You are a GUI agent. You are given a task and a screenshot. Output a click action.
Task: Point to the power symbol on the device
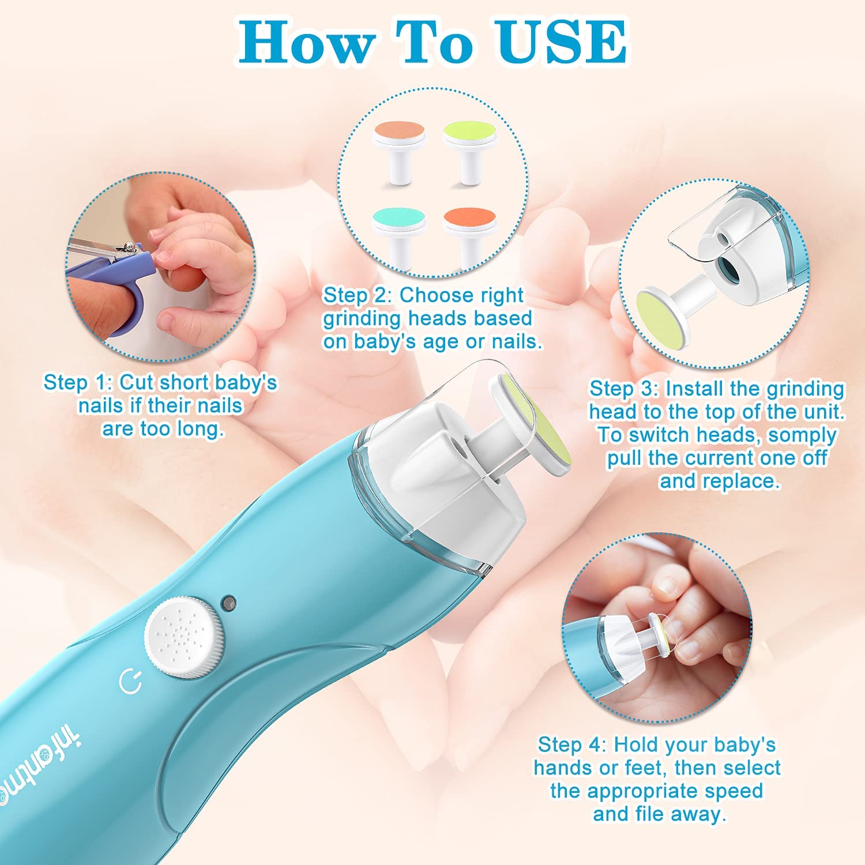[130, 682]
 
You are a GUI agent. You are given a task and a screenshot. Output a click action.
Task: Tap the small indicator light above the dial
[230, 603]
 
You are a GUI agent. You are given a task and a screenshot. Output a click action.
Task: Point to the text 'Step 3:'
[623, 389]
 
